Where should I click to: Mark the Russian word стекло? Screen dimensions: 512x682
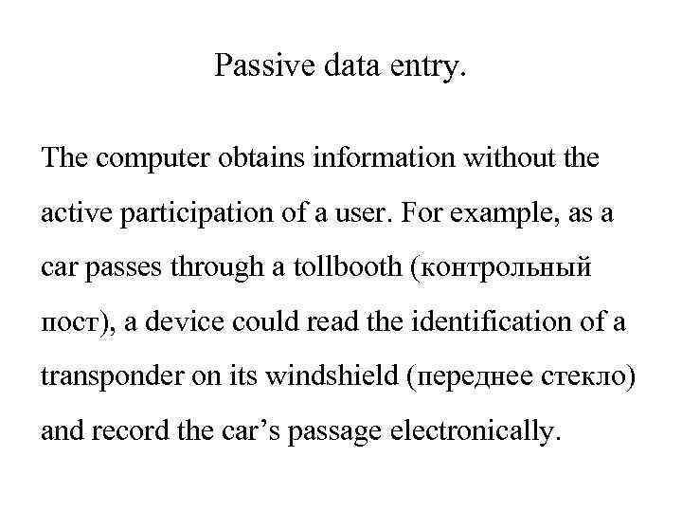pyautogui.click(x=590, y=379)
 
